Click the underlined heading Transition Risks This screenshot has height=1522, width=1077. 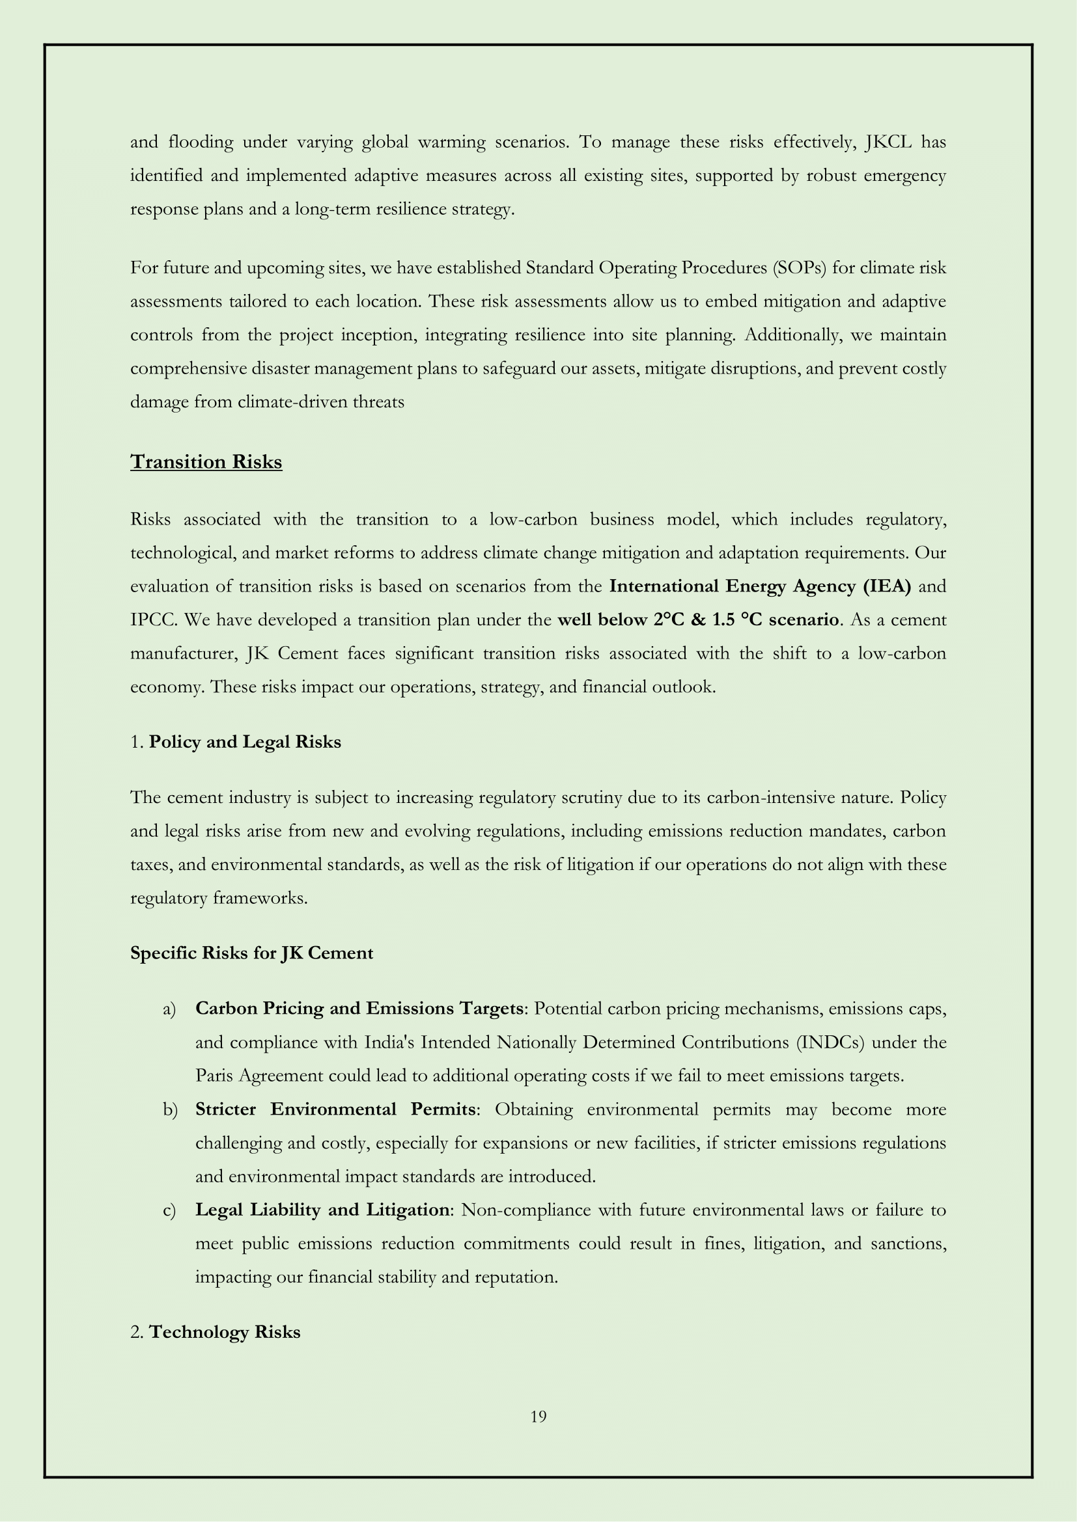[206, 461]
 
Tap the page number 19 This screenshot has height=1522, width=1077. [538, 1417]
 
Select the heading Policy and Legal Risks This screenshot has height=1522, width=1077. [245, 742]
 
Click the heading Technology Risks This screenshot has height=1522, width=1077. [224, 1332]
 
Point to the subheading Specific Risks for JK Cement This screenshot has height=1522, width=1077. [251, 953]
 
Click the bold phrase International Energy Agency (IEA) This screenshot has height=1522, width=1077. [760, 586]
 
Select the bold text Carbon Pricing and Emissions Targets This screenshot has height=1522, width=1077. [359, 1008]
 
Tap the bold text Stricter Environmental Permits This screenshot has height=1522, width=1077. [335, 1109]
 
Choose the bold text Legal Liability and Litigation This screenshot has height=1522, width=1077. [322, 1210]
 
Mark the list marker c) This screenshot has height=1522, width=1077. [169, 1210]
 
